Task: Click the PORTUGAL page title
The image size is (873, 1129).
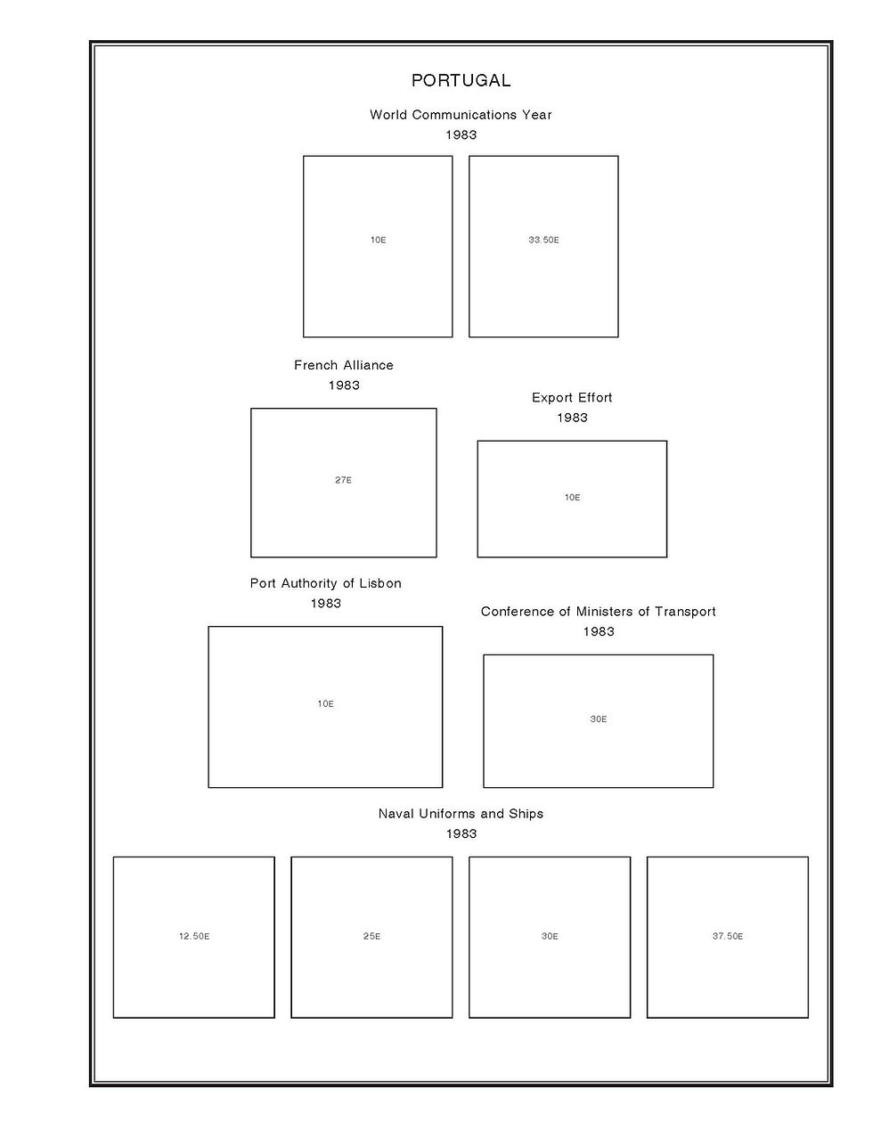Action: (461, 80)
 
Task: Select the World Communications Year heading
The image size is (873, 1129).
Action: (461, 115)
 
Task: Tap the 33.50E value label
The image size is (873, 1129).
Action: (543, 240)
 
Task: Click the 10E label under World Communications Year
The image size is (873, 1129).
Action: (378, 240)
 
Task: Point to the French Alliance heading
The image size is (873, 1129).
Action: (344, 365)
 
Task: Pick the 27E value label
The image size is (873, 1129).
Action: (344, 481)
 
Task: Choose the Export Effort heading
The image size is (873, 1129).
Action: (572, 398)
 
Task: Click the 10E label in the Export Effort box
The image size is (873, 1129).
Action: (572, 498)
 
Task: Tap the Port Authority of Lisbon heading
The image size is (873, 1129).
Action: (326, 583)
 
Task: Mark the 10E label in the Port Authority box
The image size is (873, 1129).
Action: (326, 704)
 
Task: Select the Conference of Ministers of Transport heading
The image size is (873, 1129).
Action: (599, 612)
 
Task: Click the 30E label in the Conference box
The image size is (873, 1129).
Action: (599, 719)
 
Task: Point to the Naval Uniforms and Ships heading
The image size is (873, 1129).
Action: (461, 814)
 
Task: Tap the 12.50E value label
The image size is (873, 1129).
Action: (194, 937)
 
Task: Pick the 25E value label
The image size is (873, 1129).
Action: (371, 937)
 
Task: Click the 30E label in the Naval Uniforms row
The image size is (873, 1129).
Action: (550, 937)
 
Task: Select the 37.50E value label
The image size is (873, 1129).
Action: (728, 937)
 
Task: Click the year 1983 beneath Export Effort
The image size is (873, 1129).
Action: (572, 418)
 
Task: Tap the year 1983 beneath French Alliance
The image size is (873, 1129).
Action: (344, 386)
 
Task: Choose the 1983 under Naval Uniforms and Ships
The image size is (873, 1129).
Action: (461, 834)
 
